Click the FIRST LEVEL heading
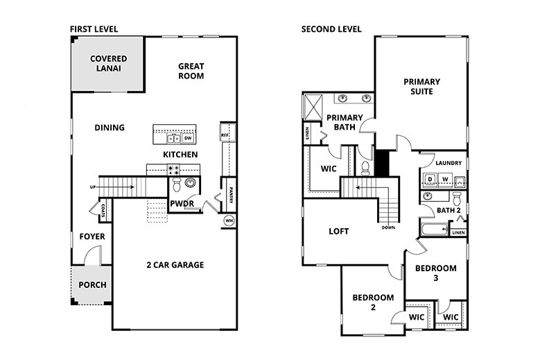pyautogui.click(x=94, y=29)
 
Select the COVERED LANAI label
pyautogui.click(x=108, y=64)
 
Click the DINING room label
pyautogui.click(x=110, y=128)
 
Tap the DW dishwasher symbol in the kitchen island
pyautogui.click(x=187, y=138)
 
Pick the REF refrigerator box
pyautogui.click(x=225, y=135)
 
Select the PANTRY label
pyautogui.click(x=229, y=195)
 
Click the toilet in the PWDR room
pyautogui.click(x=176, y=185)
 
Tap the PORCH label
pyautogui.click(x=92, y=285)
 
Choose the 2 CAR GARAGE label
pyautogui.click(x=175, y=264)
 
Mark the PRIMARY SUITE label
pyautogui.click(x=421, y=87)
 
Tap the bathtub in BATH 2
pyautogui.click(x=433, y=229)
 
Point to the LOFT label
pyautogui.click(x=338, y=231)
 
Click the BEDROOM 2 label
pyautogui.click(x=372, y=302)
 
